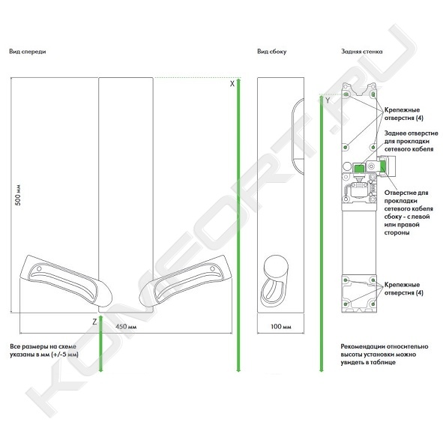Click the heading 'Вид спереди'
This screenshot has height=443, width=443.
(28, 52)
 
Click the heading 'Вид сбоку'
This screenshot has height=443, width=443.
(272, 52)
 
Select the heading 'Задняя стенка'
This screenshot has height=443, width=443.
(361, 52)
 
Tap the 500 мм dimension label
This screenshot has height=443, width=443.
(18, 195)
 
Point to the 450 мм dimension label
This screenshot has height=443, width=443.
(126, 327)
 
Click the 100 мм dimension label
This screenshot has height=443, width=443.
(281, 327)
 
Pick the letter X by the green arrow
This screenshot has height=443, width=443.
(232, 84)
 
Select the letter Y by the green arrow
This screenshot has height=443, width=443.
(328, 100)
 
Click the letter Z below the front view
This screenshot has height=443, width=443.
(94, 322)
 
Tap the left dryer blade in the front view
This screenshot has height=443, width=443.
(67, 281)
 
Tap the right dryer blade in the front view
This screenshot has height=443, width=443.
(185, 281)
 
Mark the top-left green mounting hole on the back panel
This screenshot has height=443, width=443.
(346, 94)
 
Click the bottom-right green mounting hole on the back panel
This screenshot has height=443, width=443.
(373, 304)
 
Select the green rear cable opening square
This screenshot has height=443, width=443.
(359, 169)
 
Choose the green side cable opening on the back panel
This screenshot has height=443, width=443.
(383, 166)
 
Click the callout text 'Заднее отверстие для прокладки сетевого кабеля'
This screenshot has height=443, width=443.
(411, 141)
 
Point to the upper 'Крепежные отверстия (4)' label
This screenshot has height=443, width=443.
(404, 114)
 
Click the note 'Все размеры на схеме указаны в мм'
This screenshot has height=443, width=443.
(43, 350)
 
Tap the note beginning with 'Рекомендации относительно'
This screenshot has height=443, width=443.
(385, 355)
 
